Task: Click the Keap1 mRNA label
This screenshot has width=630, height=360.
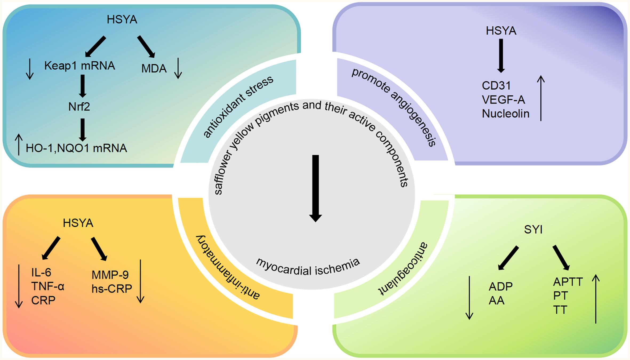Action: click(x=79, y=66)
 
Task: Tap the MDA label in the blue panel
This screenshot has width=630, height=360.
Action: click(x=154, y=69)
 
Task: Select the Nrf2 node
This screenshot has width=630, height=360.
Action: click(x=79, y=107)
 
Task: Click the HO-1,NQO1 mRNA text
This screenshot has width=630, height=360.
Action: click(x=76, y=148)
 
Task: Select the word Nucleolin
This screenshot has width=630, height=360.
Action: click(x=505, y=114)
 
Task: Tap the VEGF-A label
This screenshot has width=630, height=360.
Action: click(x=503, y=100)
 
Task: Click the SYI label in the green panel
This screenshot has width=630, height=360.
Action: click(x=533, y=230)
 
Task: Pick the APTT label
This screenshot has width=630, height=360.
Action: click(x=568, y=282)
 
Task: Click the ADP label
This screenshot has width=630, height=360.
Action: click(x=500, y=287)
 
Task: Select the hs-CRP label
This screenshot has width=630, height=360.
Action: click(x=112, y=289)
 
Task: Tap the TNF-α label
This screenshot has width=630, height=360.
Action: click(x=48, y=287)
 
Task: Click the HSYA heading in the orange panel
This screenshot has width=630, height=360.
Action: click(x=78, y=223)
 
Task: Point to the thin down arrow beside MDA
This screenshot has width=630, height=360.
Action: click(x=178, y=69)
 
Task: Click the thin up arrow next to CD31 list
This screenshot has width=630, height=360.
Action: click(x=541, y=98)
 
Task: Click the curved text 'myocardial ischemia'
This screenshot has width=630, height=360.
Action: click(x=308, y=267)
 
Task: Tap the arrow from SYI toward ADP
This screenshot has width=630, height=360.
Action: click(x=508, y=258)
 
